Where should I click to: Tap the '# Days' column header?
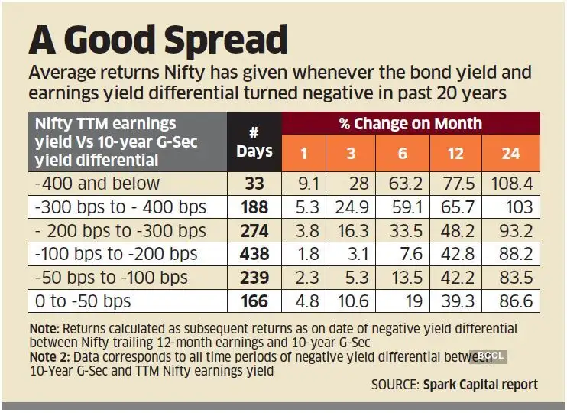[254, 141]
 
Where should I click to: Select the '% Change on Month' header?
[411, 123]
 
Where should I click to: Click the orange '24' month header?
[510, 153]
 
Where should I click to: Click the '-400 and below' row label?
[99, 183]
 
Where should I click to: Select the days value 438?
[254, 254]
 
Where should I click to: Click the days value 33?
[254, 183]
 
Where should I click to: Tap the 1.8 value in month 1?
[305, 254]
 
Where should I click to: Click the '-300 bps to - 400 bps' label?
[116, 206]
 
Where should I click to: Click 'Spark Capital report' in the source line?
[480, 384]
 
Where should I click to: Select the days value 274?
[254, 230]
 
